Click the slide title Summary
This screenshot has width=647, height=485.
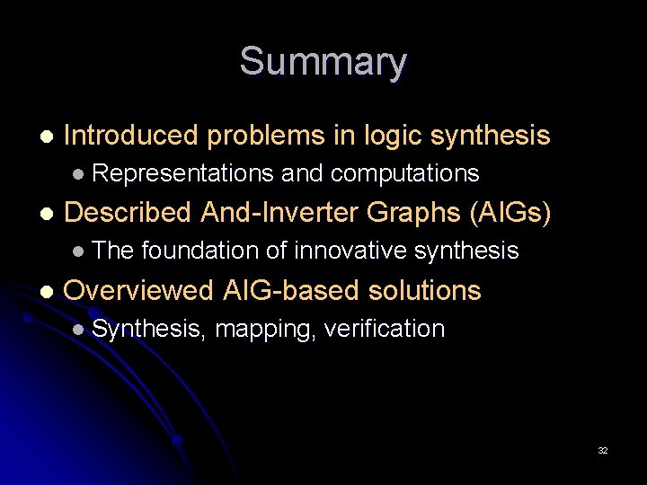coord(323,62)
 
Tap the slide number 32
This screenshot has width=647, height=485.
coord(603,451)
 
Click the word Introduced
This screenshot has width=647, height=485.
coord(131,136)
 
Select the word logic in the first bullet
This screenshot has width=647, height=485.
coord(392,136)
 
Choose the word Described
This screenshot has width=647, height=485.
coord(129,213)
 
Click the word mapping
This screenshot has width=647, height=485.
coord(265,330)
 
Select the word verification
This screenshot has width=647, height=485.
coord(384,329)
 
